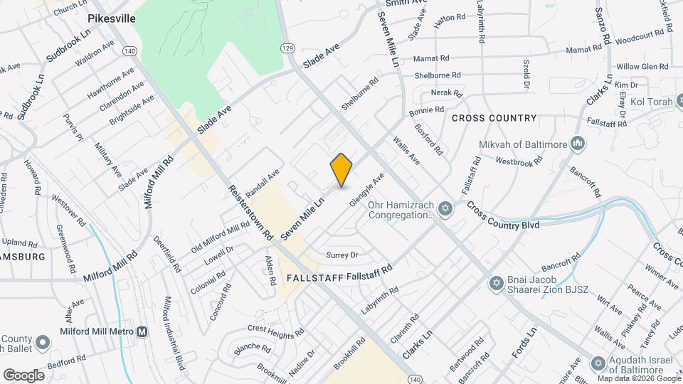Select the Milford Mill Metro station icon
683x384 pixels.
tap(142, 331)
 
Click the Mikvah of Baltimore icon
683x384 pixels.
tap(578, 144)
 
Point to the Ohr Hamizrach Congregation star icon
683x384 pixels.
tap(445, 208)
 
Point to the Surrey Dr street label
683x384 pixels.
tap(341, 255)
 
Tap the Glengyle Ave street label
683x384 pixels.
tap(366, 189)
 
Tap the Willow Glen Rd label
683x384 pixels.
tap(642, 66)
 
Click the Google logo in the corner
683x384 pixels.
tap(23, 375)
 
